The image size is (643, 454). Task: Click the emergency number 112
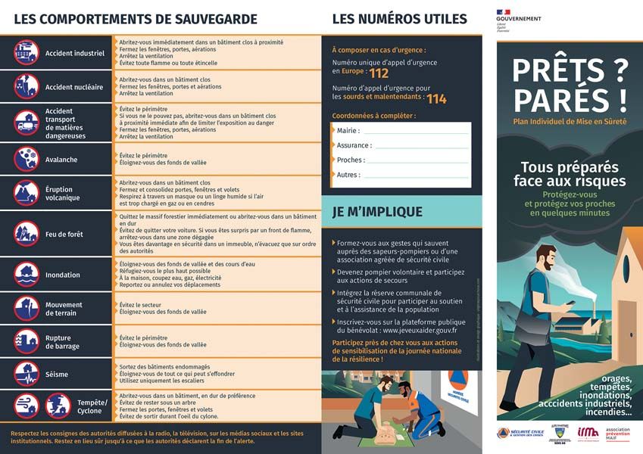(x=379, y=73)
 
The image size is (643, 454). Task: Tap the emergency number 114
(x=436, y=99)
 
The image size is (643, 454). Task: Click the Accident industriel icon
(x=25, y=52)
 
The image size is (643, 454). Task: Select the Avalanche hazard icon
(x=25, y=159)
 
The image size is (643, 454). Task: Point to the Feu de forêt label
(x=64, y=235)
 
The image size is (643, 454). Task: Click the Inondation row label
(x=62, y=275)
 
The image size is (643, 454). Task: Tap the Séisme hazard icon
(x=25, y=374)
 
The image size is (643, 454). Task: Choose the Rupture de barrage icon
(x=25, y=341)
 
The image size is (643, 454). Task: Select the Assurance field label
(x=354, y=145)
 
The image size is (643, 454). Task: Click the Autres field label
(x=348, y=175)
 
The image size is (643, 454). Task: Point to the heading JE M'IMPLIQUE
(x=377, y=213)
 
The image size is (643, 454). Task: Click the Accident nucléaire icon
(x=25, y=86)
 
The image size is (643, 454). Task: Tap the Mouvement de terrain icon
(x=25, y=308)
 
